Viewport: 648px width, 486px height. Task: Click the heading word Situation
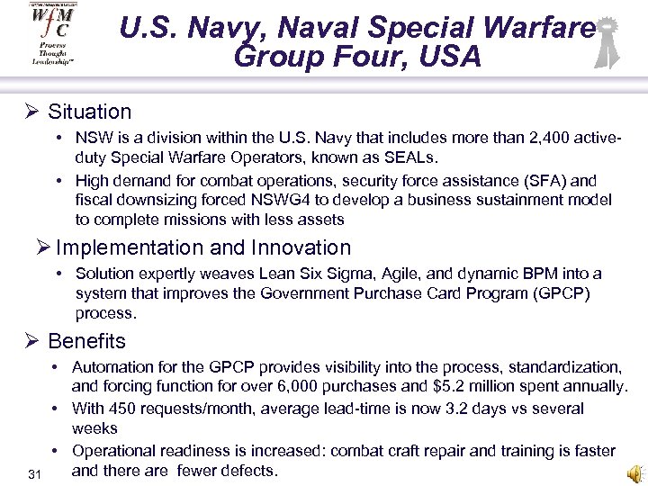click(89, 112)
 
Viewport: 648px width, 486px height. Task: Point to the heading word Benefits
click(86, 342)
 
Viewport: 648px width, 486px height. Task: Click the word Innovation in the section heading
click(301, 247)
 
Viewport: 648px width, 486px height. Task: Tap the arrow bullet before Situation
click(31, 112)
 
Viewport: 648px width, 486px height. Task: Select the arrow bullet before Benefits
click(31, 342)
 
